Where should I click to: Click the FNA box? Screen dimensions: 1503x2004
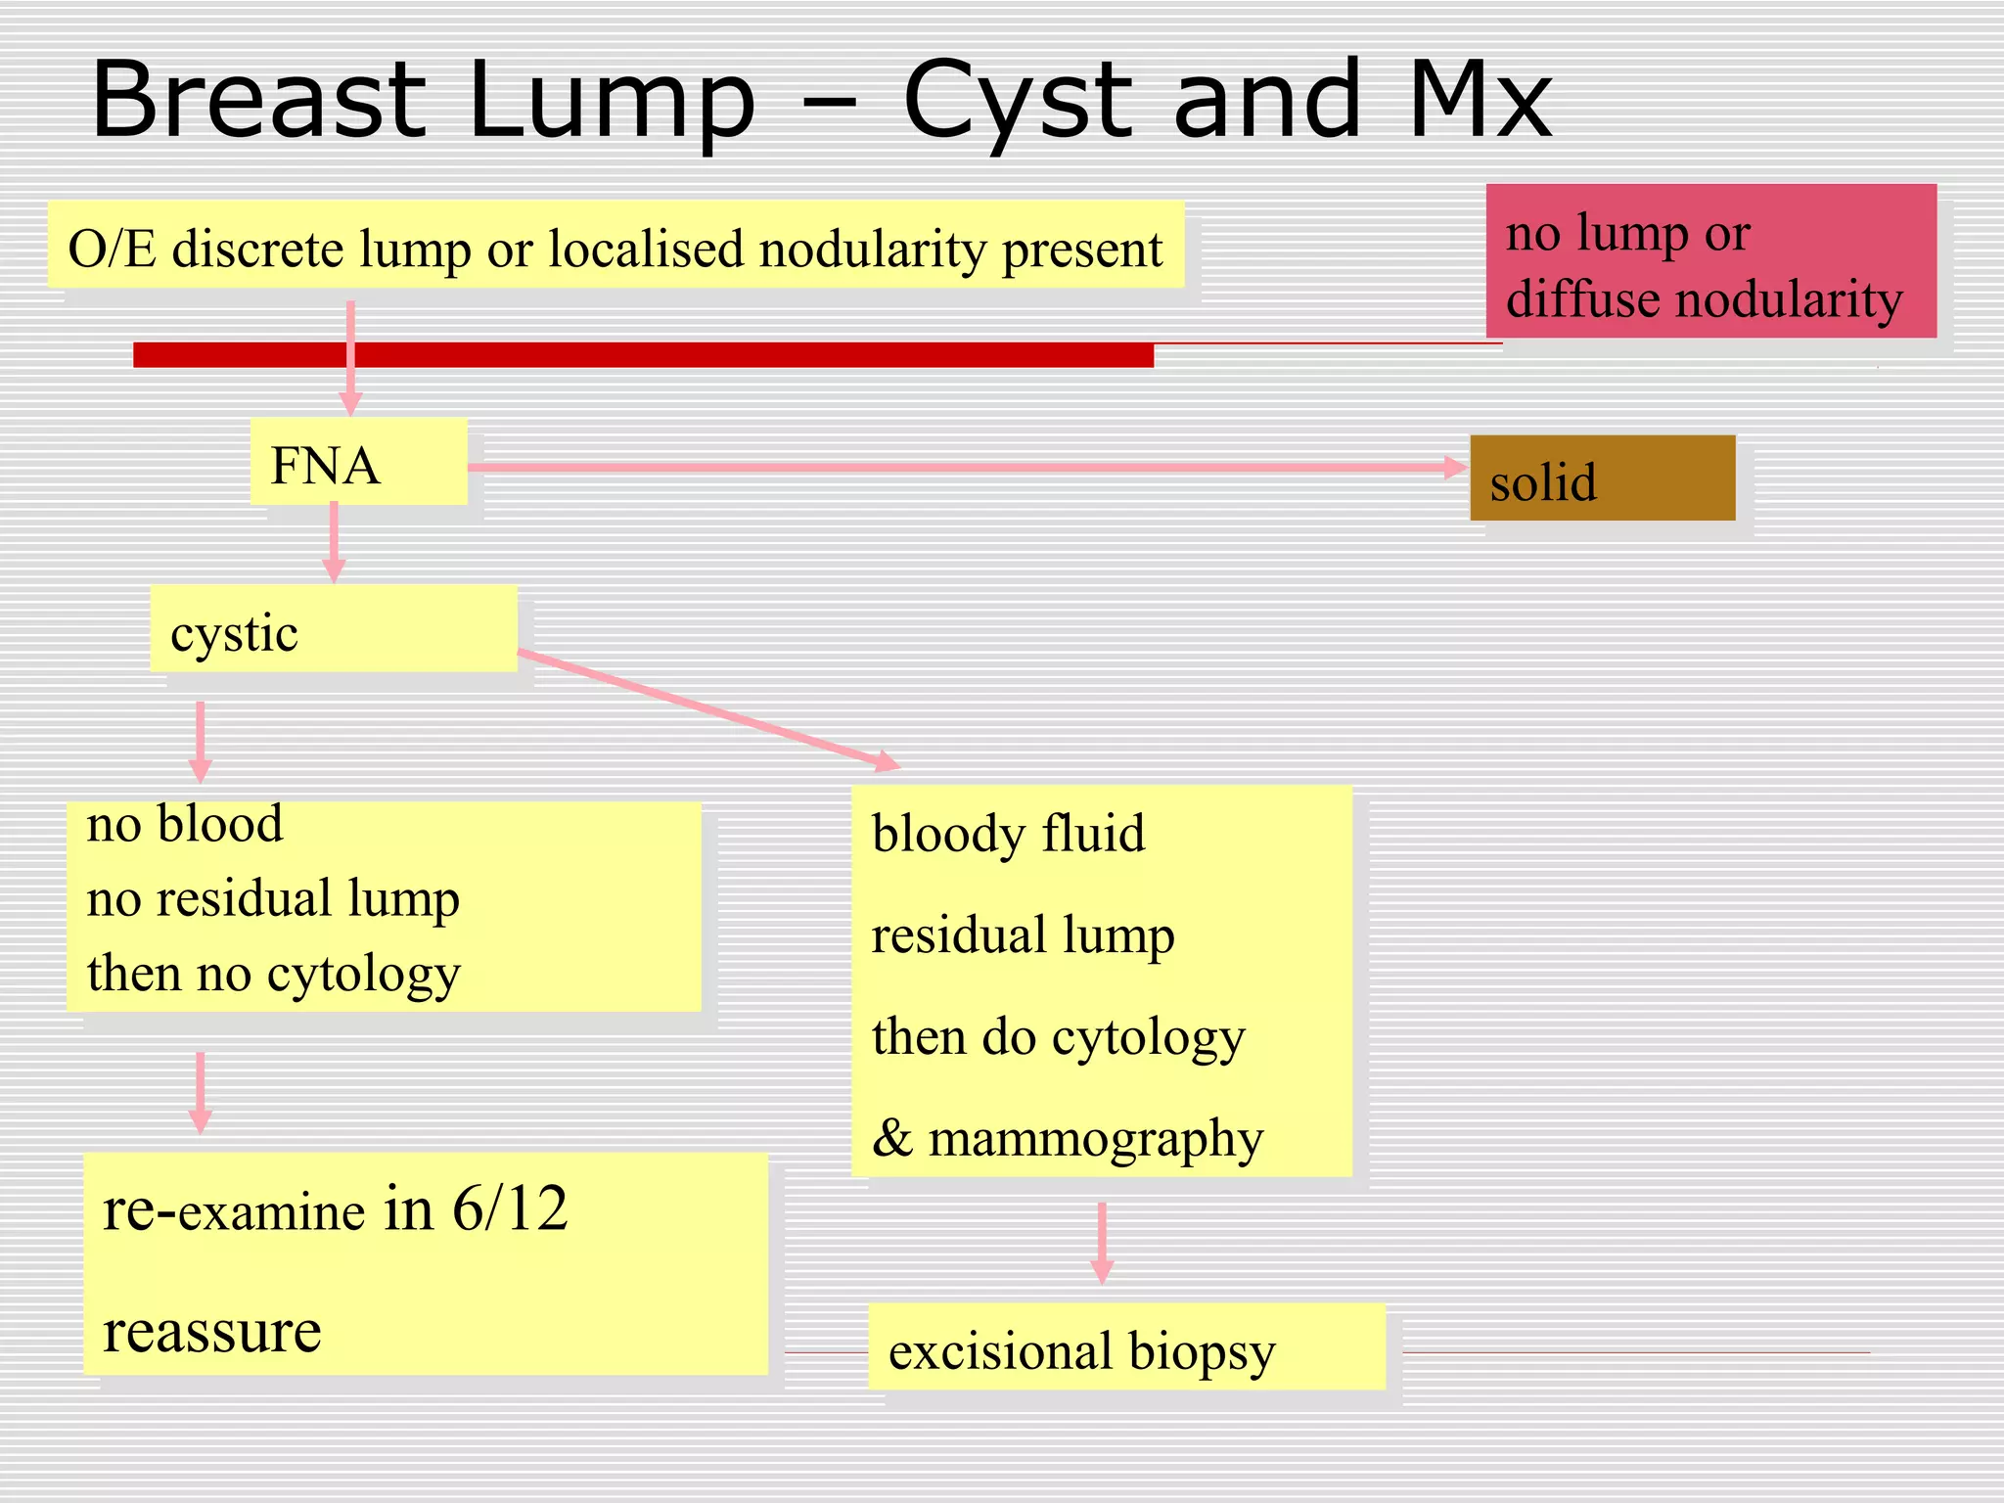pos(358,462)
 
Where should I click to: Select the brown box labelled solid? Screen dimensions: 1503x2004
pos(1602,478)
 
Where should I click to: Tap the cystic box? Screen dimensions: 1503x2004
pos(333,629)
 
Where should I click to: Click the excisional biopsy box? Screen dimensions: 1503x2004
pos(1126,1347)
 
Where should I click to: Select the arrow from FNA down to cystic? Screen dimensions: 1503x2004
pos(334,542)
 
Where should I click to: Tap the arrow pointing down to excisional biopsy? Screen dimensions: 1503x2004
pos(1102,1242)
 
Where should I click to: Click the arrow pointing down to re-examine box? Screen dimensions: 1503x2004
pos(201,1091)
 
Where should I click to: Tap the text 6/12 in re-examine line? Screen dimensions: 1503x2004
pos(510,1209)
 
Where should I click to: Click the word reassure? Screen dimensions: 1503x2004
pos(212,1332)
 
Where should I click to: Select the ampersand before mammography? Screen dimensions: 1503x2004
pos(892,1138)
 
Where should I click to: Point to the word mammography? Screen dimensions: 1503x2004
pos(1096,1141)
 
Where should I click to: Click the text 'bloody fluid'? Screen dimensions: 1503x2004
pos(1008,834)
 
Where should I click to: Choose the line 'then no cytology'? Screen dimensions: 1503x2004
pos(273,975)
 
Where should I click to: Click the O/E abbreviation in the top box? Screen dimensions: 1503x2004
pos(112,250)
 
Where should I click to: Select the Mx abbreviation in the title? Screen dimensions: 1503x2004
pos(1480,100)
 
